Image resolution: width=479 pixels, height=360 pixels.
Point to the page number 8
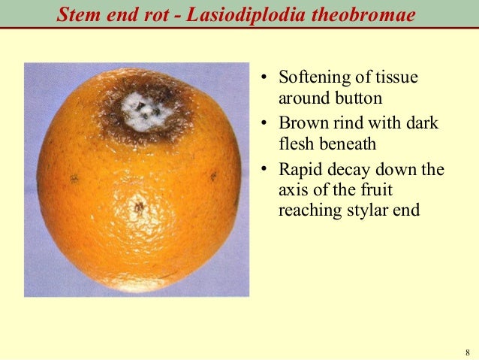pos(467,353)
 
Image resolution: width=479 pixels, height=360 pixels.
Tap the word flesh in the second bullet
pos(294,143)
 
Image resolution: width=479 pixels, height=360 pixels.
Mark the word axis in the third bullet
pos(293,189)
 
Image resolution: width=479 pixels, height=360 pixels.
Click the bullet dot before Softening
pos(264,79)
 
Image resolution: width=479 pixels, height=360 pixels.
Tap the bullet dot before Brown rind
pos(264,124)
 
